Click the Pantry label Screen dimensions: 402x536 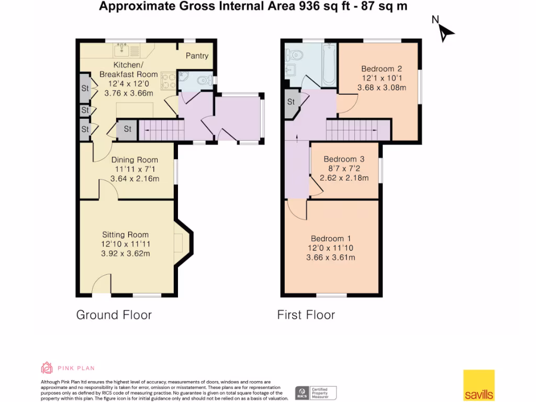click(197, 56)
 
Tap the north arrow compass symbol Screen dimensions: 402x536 click(445, 32)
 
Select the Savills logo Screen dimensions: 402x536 click(478, 385)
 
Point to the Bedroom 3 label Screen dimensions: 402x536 click(343, 159)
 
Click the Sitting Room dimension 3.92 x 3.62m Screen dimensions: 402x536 click(126, 254)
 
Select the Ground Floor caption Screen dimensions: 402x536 click(114, 315)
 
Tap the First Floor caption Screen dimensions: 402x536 click(306, 315)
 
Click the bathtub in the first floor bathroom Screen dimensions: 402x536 click(328, 66)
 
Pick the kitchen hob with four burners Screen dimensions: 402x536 click(169, 82)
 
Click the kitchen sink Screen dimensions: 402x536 click(121, 50)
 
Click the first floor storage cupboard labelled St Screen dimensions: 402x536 click(291, 102)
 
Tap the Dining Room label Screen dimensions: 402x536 click(135, 160)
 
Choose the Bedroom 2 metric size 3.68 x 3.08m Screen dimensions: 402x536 click(382, 87)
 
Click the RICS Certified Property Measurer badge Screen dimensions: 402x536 click(316, 392)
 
